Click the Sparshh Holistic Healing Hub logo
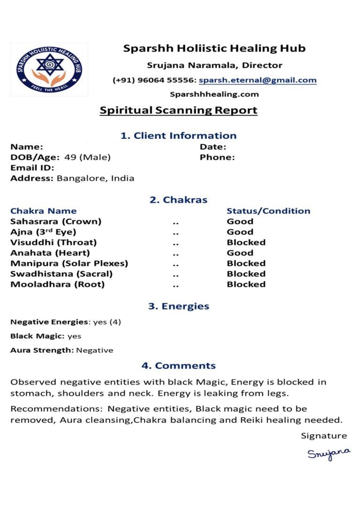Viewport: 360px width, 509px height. coord(49,70)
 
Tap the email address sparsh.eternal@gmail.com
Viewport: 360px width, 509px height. coord(257,80)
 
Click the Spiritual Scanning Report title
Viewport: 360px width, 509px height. coord(179,111)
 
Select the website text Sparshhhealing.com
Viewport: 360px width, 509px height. coord(214,94)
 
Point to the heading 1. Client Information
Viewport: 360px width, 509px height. coord(179,136)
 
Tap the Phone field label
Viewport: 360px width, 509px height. coord(217,157)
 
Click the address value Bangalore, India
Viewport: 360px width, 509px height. coord(96,178)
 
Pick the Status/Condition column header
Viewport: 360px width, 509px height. coord(268,211)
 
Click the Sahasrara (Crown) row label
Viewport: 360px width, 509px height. coord(56,221)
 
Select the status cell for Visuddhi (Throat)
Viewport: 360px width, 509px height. coord(246,242)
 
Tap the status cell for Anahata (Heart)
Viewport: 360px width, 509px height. coord(240,253)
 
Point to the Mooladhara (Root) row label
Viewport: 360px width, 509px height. coord(58,284)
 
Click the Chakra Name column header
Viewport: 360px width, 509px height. coord(43,211)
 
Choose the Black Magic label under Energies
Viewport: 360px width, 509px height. coord(37,336)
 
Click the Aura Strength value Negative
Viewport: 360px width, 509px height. coord(95,350)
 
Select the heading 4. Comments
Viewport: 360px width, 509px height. coord(179,366)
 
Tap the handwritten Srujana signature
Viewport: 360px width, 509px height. coord(329,453)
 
